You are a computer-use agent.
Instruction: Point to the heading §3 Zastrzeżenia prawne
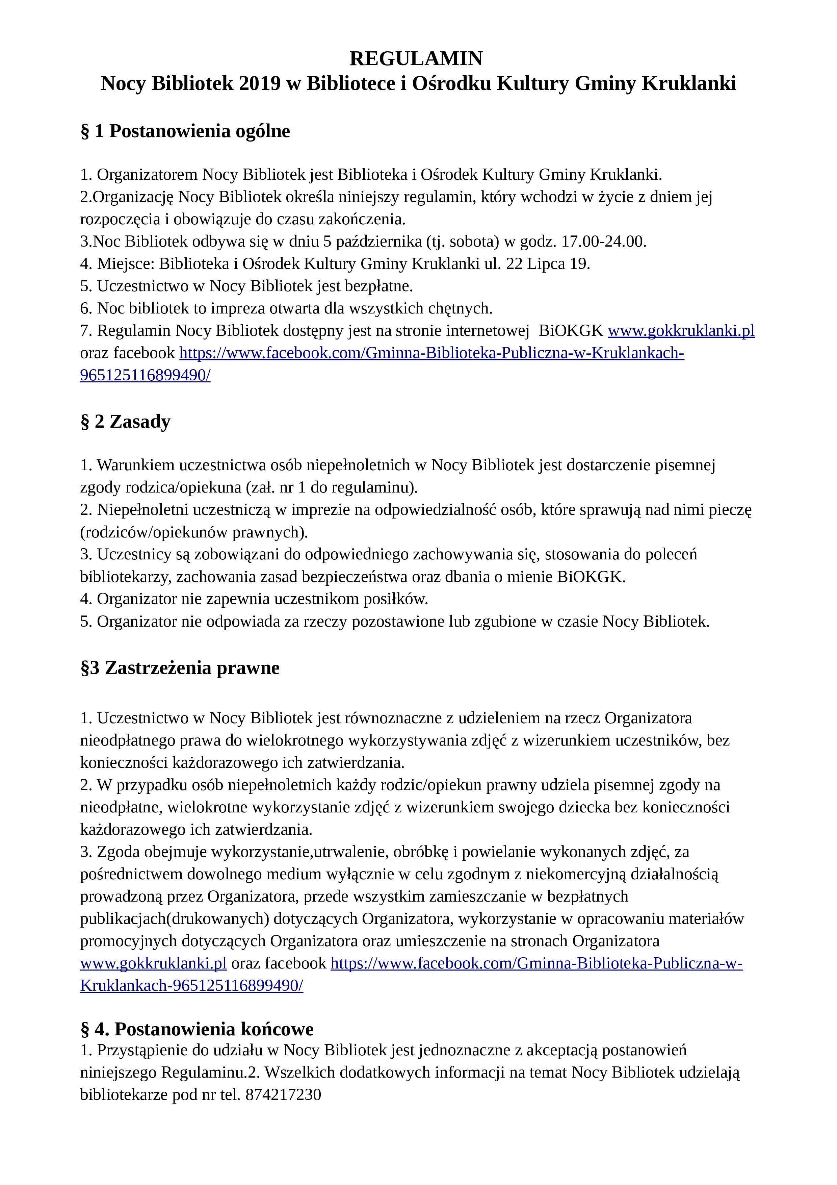pos(180,668)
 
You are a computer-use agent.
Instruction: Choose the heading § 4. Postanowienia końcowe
pos(197,1029)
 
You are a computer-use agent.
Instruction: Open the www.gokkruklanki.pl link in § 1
pos(681,331)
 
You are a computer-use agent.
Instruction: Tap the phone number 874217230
pos(283,1095)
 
